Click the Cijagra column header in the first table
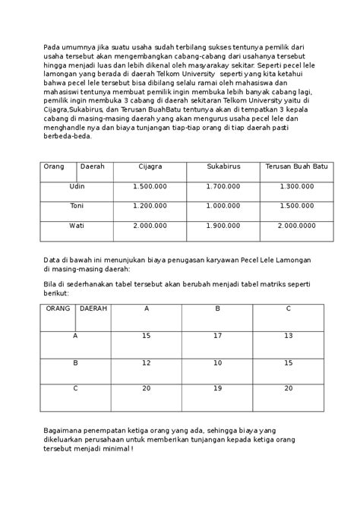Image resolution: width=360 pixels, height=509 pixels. point(150,166)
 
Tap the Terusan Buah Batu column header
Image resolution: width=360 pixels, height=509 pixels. point(295,166)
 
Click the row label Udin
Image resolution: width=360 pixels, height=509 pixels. point(77,185)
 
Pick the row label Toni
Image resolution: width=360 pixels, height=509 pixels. point(77,205)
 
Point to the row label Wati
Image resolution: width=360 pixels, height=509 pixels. point(77,225)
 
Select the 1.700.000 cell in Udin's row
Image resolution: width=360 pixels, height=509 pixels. point(223,185)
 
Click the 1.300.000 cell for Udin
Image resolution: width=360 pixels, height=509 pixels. point(296,185)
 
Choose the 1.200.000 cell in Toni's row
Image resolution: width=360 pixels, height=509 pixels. point(150,205)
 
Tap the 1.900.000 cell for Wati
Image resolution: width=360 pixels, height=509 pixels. point(223,225)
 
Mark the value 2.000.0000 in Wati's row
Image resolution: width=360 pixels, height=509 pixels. point(296,225)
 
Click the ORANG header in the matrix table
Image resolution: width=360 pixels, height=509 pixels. point(58,308)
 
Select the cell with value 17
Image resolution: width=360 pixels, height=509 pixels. point(218,335)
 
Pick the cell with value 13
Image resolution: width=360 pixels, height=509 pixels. point(288,335)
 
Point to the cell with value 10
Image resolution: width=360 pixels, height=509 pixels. point(218,362)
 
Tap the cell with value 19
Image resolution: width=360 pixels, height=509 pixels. point(218,388)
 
